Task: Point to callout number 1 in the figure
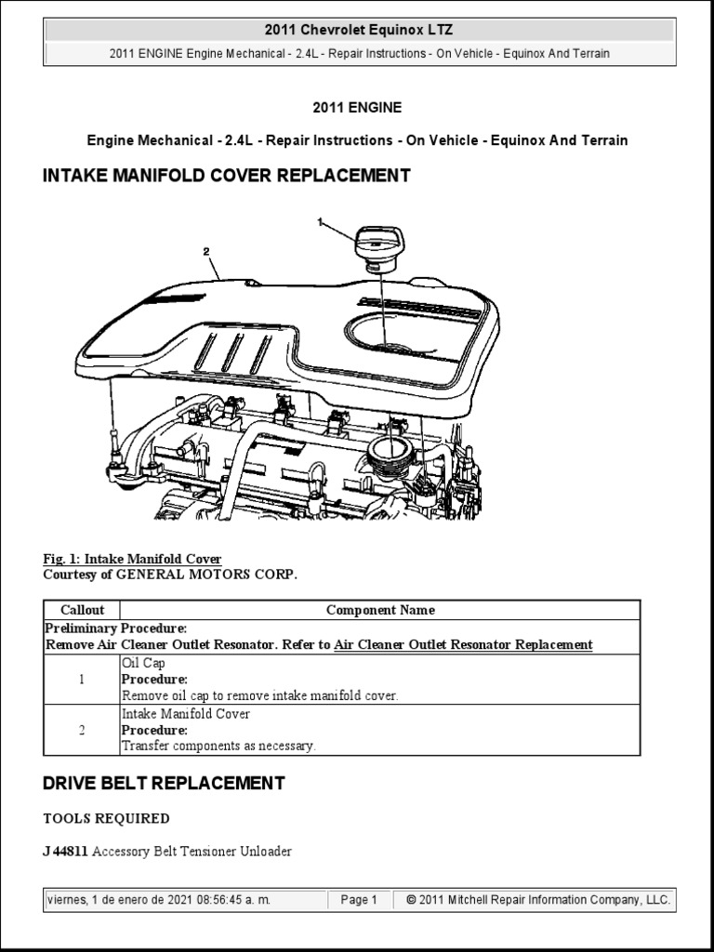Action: pos(321,222)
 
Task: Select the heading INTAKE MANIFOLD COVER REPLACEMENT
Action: pos(227,176)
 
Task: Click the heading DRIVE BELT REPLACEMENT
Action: pos(164,784)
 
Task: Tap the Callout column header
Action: pos(83,611)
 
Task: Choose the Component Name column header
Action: pos(380,611)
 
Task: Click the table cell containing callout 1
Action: pos(83,680)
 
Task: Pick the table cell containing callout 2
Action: pos(83,730)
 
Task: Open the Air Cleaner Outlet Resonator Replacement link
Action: pos(463,644)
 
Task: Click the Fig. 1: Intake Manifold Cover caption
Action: pos(132,559)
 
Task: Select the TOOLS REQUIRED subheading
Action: pos(107,819)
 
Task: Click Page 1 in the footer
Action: pos(359,900)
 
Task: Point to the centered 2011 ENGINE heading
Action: pos(357,108)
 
